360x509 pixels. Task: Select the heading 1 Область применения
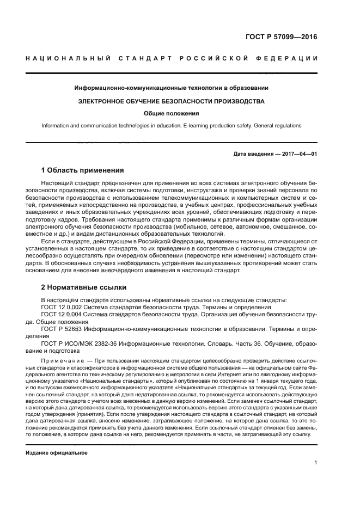tap(83, 170)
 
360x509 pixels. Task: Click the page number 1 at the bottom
tap(316, 463)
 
